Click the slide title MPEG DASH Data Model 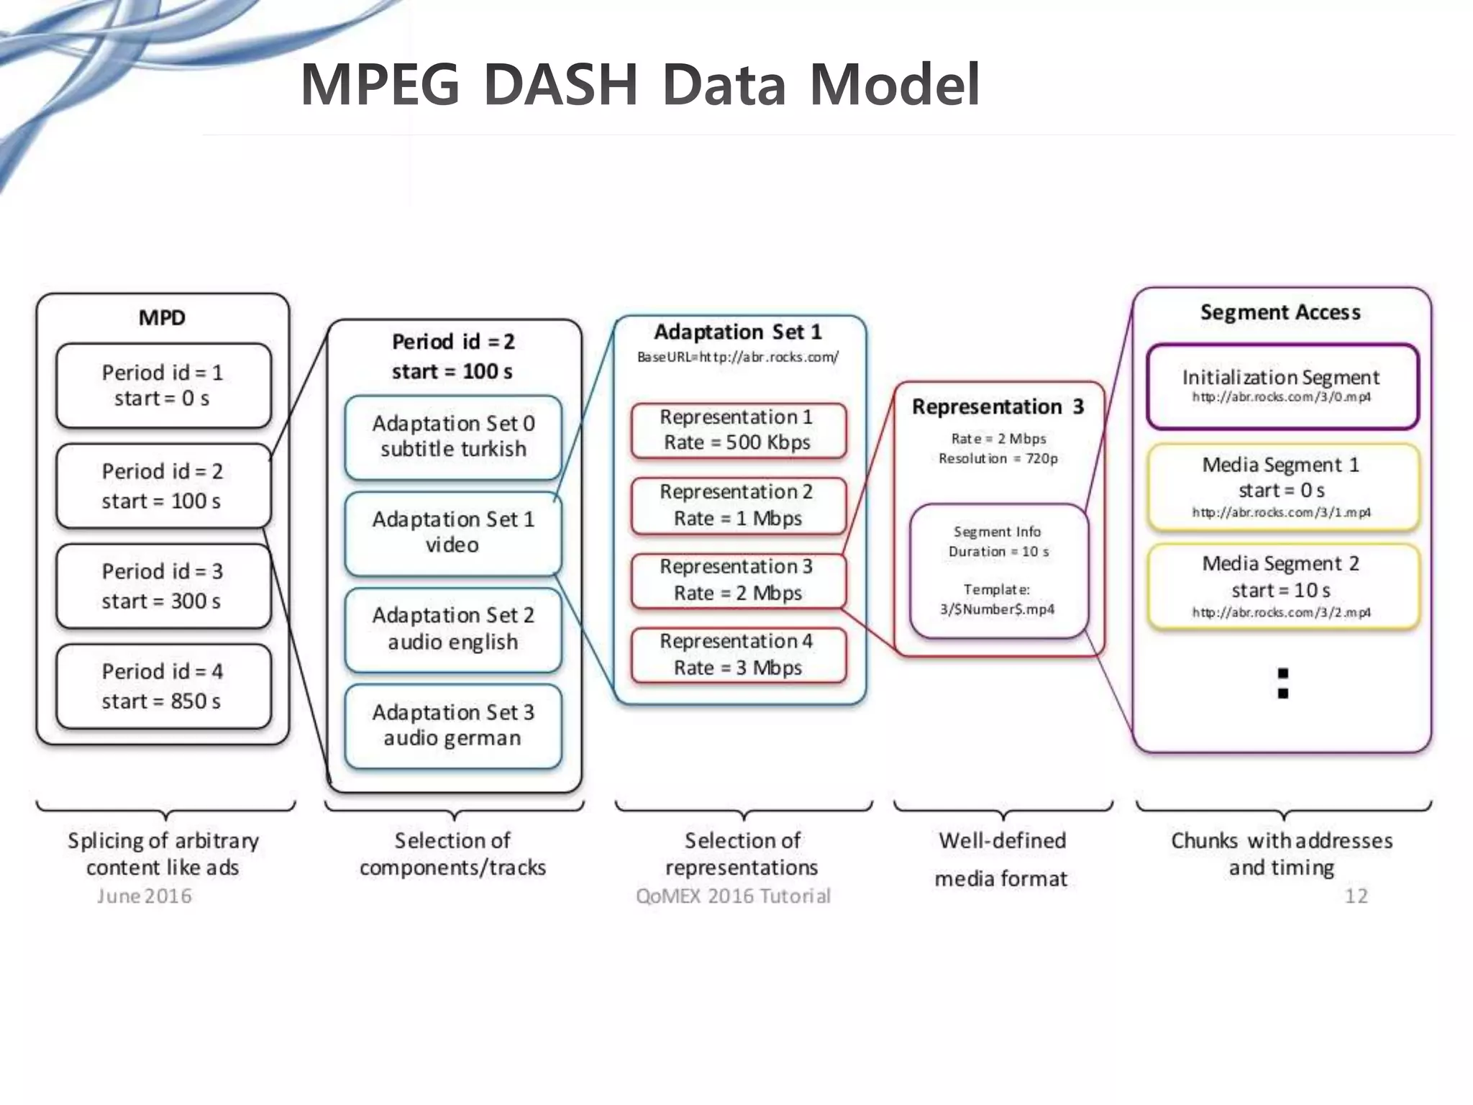pyautogui.click(x=640, y=85)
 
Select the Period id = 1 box pyautogui.click(x=163, y=386)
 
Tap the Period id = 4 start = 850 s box pyautogui.click(x=163, y=686)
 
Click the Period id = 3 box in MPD pyautogui.click(x=163, y=586)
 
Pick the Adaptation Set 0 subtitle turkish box pyautogui.click(x=453, y=437)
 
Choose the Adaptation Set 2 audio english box pyautogui.click(x=453, y=629)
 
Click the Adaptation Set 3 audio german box pyautogui.click(x=453, y=725)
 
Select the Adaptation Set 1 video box pyautogui.click(x=453, y=532)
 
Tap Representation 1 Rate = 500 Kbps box pyautogui.click(x=738, y=430)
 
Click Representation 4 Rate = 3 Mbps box pyautogui.click(x=738, y=655)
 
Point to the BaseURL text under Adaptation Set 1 pyautogui.click(x=738, y=357)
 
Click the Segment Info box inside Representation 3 pyautogui.click(x=998, y=570)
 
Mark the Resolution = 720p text pyautogui.click(x=998, y=458)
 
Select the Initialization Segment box pyautogui.click(x=1282, y=386)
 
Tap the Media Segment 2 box pyautogui.click(x=1283, y=586)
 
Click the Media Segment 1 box pyautogui.click(x=1283, y=487)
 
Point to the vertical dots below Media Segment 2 pyautogui.click(x=1282, y=683)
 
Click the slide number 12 pyautogui.click(x=1356, y=896)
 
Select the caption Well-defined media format pyautogui.click(x=1002, y=859)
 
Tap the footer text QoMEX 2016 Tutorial pyautogui.click(x=733, y=896)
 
